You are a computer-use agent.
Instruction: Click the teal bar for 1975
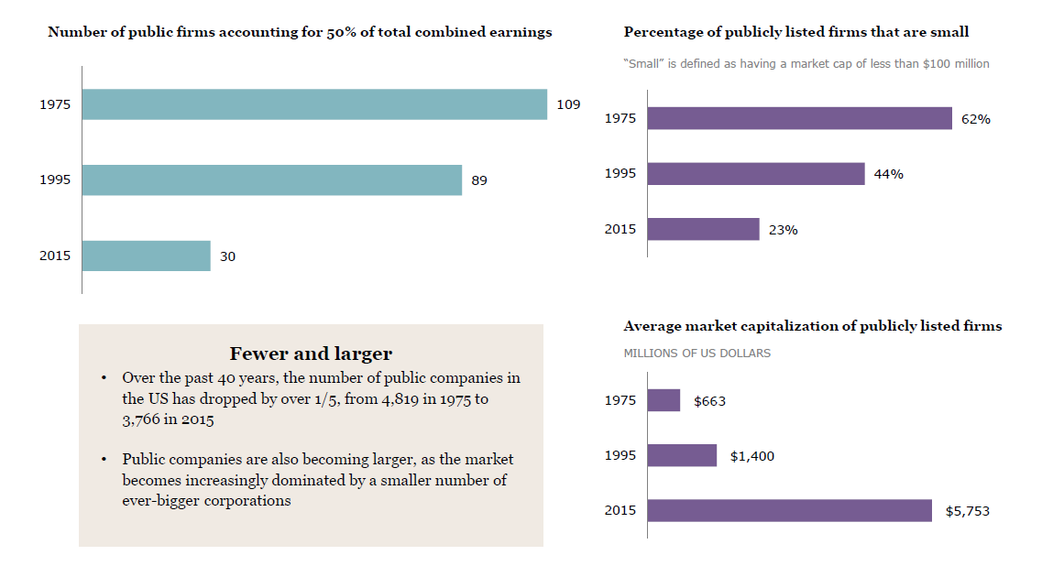point(314,104)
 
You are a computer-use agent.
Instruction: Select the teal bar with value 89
point(272,180)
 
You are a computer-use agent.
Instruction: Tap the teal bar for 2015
point(147,256)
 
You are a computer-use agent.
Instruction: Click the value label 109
point(568,104)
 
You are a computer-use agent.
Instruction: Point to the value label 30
point(227,256)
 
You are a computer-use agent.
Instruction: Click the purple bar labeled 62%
point(799,118)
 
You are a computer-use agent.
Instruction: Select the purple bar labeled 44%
point(756,174)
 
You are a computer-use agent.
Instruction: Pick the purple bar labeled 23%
point(703,229)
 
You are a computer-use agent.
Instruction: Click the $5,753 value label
point(967,511)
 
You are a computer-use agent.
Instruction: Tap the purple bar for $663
point(664,400)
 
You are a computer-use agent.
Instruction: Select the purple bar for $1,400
point(682,455)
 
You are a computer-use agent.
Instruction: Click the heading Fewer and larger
point(311,354)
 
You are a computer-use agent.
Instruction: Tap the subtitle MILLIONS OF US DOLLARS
point(697,353)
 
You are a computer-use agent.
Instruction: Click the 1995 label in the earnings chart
point(55,180)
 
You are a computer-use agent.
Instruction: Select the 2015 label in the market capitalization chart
point(620,510)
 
